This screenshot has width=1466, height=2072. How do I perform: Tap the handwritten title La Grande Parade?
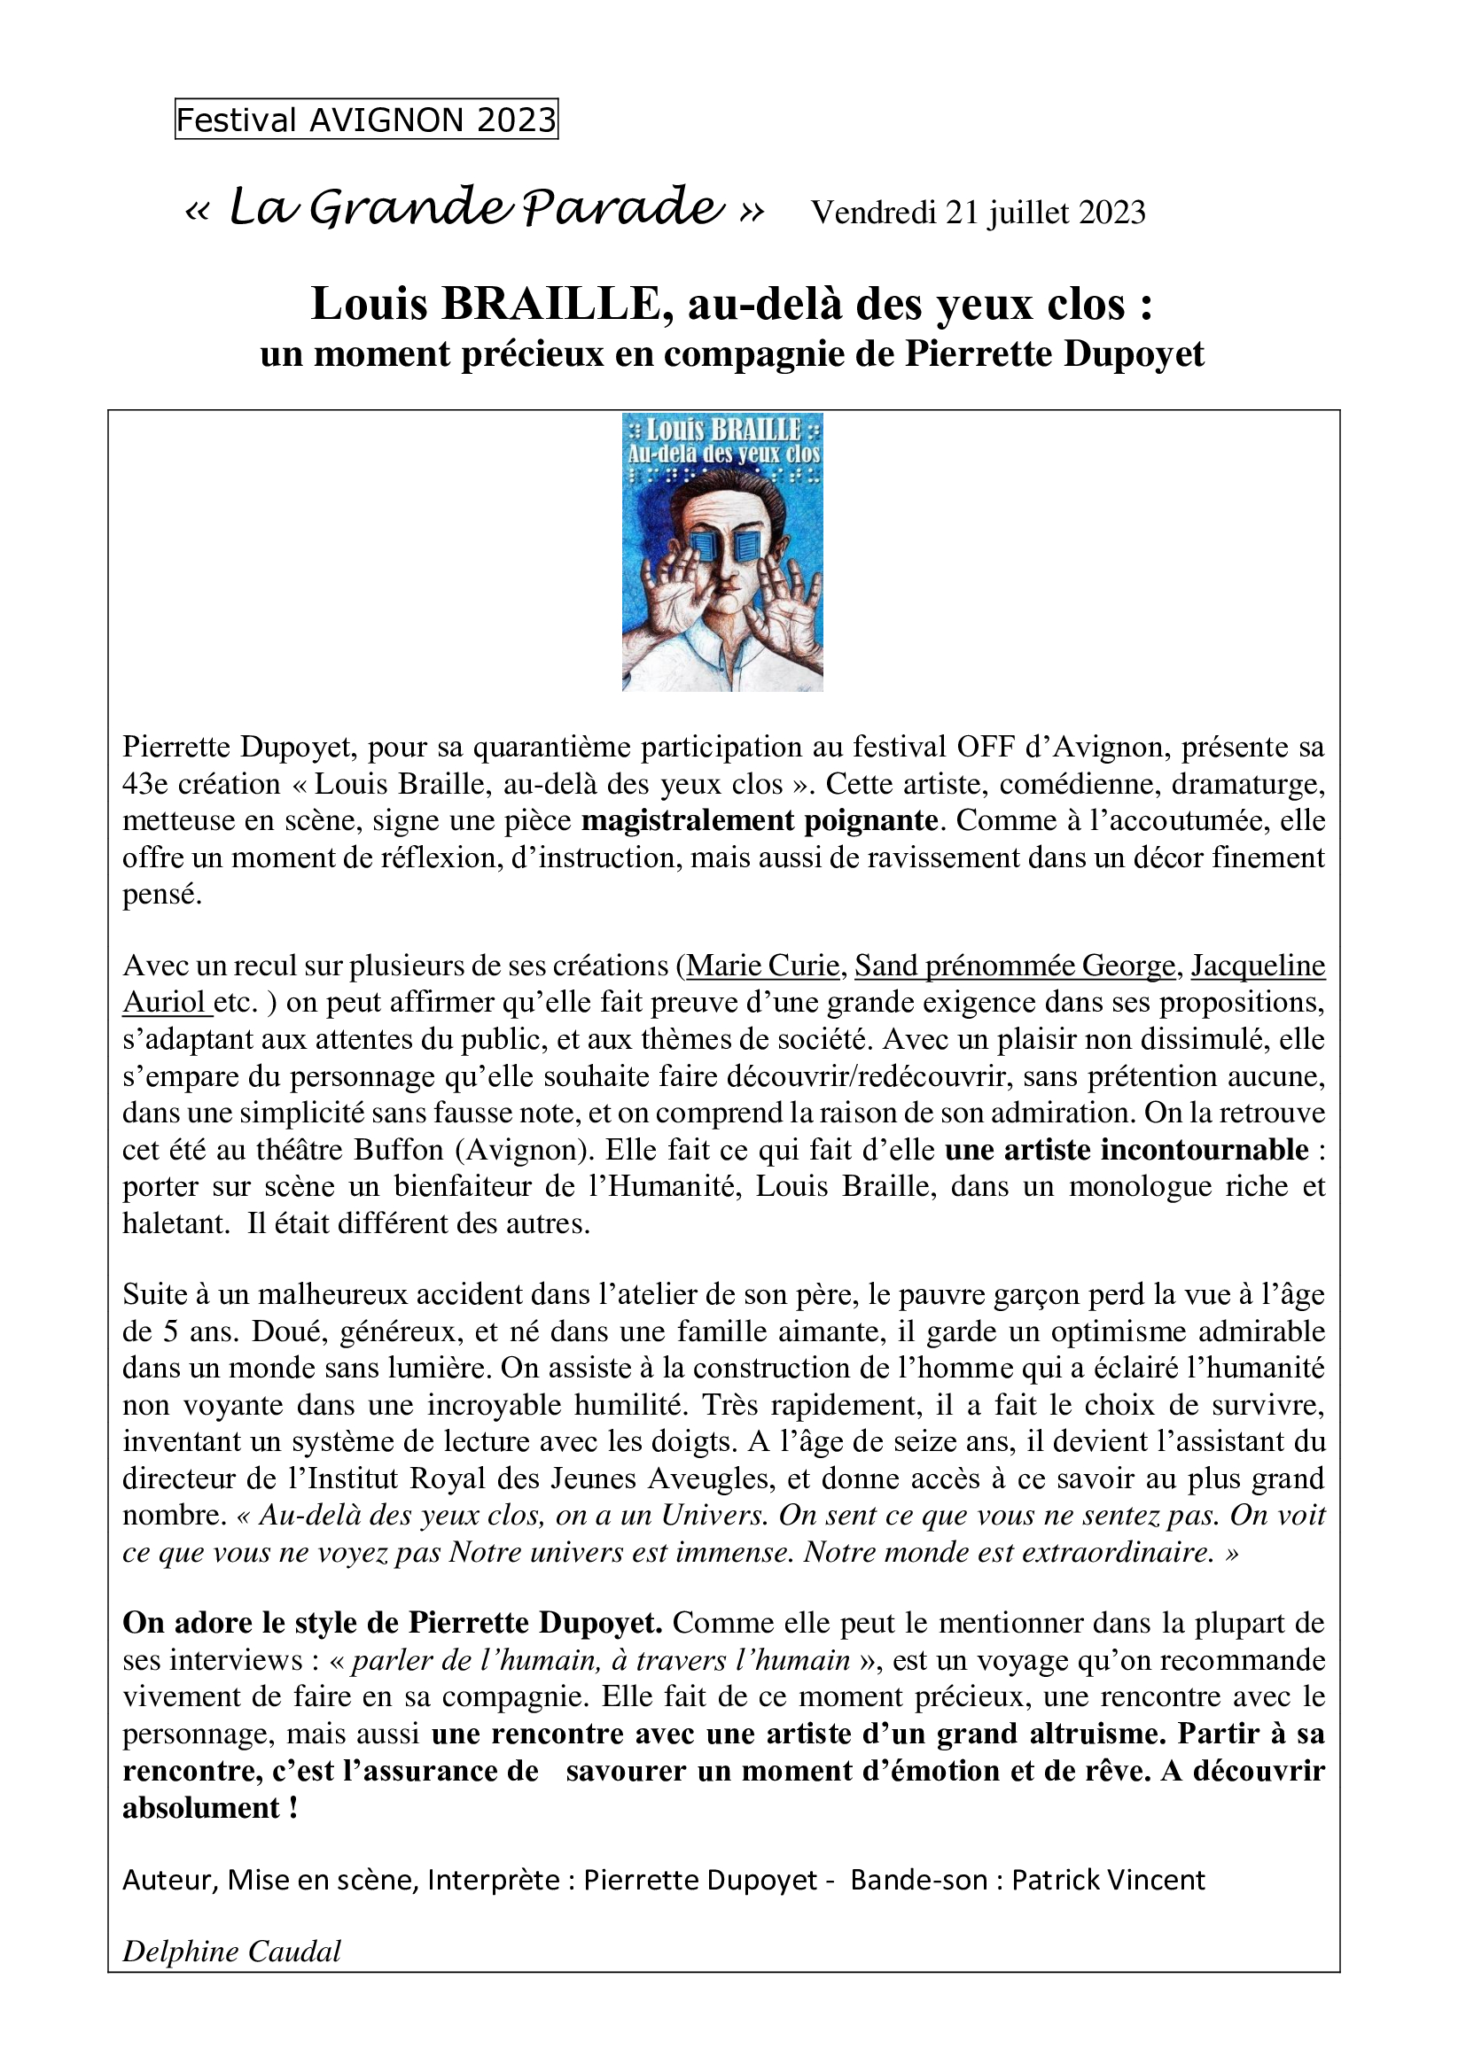tap(476, 208)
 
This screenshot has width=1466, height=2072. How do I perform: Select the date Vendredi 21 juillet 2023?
tap(979, 212)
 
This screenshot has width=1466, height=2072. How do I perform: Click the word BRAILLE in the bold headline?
tap(552, 305)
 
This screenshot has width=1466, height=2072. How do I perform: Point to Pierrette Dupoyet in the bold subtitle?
tap(1055, 354)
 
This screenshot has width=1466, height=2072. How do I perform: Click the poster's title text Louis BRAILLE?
tap(723, 431)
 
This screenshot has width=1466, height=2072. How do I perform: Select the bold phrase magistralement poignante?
tap(760, 820)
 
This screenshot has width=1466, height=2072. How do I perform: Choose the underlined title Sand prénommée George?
tap(1015, 966)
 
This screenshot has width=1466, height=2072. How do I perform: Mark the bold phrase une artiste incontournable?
tap(1127, 1150)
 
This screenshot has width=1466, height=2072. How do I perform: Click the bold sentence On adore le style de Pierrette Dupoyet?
tap(393, 1623)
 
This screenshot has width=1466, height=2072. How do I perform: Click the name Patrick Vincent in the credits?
tap(1108, 1880)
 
